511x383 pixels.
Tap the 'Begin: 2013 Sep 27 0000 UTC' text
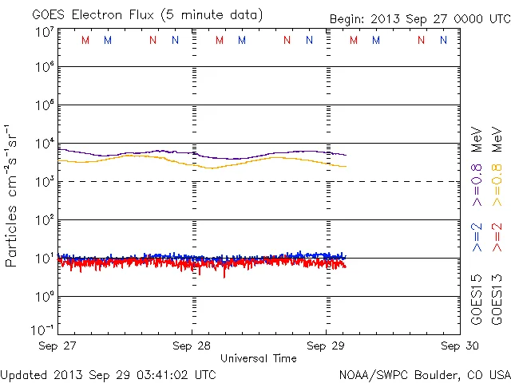(x=420, y=18)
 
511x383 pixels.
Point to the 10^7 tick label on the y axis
(x=45, y=32)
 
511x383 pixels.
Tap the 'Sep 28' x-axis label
(x=192, y=346)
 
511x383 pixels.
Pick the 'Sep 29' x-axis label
(x=325, y=346)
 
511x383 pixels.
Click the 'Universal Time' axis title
(x=258, y=358)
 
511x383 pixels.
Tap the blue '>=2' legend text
(x=477, y=237)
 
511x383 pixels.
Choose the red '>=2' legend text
(x=497, y=237)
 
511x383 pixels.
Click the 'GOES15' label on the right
(x=477, y=298)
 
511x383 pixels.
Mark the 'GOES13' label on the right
(x=497, y=298)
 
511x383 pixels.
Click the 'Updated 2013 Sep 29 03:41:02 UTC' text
(x=108, y=373)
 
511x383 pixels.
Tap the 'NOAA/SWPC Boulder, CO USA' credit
(x=424, y=373)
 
